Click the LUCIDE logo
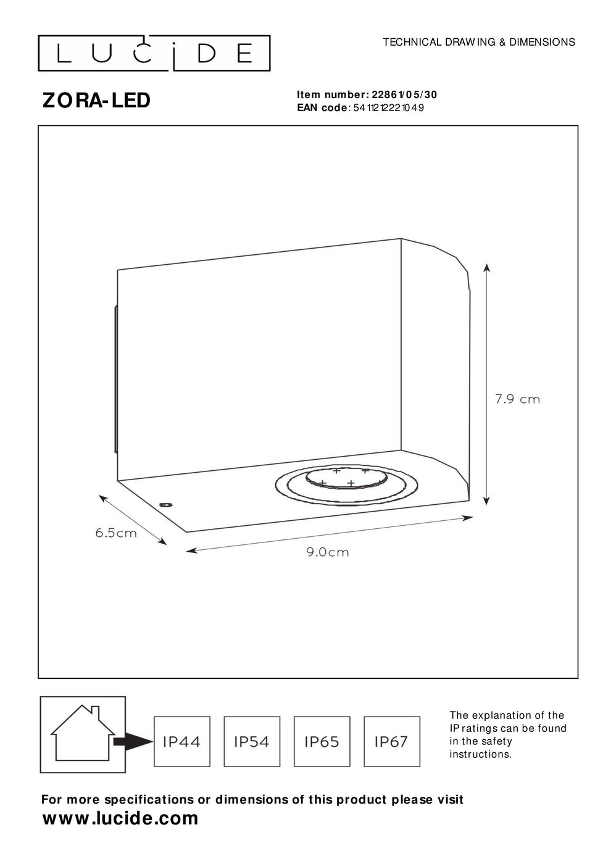pos(154,53)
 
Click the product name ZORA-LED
pos(96,101)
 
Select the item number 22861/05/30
pos(404,94)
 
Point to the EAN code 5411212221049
pos(388,107)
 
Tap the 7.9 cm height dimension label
pos(517,399)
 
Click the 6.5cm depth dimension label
pos(116,533)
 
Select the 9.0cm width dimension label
pos(328,552)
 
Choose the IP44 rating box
pos(182,742)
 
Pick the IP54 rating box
pos(252,742)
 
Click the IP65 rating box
pos(322,742)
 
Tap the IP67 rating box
pos(392,742)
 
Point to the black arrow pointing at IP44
pos(133,741)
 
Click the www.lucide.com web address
pos(120,818)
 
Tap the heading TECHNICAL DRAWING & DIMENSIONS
pos(479,42)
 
